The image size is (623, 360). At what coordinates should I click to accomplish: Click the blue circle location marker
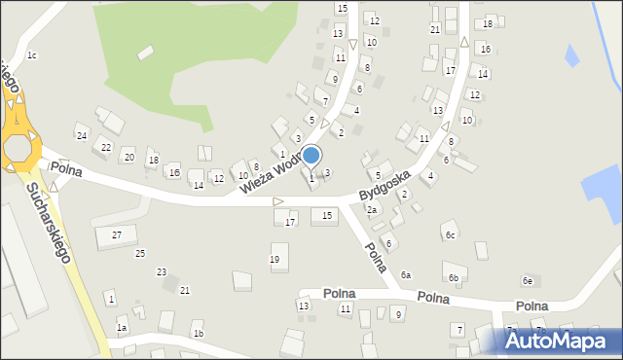(311, 155)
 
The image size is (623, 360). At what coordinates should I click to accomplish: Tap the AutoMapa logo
(559, 340)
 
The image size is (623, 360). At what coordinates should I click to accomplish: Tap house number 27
(117, 234)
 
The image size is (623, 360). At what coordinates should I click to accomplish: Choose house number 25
(140, 253)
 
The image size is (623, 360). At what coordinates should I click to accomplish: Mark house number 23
(162, 271)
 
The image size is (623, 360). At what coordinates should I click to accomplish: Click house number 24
(82, 135)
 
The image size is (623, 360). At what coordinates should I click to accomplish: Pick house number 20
(128, 157)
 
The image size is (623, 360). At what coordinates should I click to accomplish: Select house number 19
(275, 259)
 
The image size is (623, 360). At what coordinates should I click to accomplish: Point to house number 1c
(32, 55)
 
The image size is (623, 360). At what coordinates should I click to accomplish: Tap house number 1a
(122, 329)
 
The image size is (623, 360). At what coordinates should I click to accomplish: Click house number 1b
(198, 334)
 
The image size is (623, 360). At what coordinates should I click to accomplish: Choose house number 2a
(371, 210)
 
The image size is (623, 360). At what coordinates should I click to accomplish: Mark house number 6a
(405, 275)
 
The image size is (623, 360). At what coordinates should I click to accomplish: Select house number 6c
(450, 235)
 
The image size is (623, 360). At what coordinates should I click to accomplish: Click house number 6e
(528, 281)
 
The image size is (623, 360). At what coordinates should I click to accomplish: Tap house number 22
(105, 148)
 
